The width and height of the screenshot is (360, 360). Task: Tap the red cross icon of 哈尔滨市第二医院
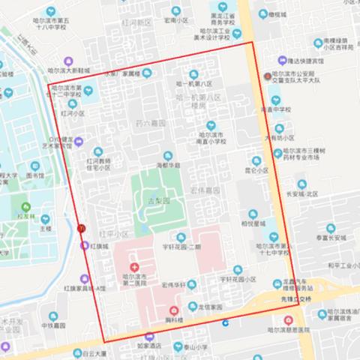[x=134, y=267]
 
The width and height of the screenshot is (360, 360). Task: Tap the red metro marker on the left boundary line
[x=81, y=228]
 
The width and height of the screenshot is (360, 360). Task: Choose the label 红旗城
[x=99, y=245]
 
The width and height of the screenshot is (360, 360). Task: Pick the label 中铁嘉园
[x=55, y=325]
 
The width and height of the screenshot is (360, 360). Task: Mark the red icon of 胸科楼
[x=173, y=310]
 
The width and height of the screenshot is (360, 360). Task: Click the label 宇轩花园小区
[x=239, y=278]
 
